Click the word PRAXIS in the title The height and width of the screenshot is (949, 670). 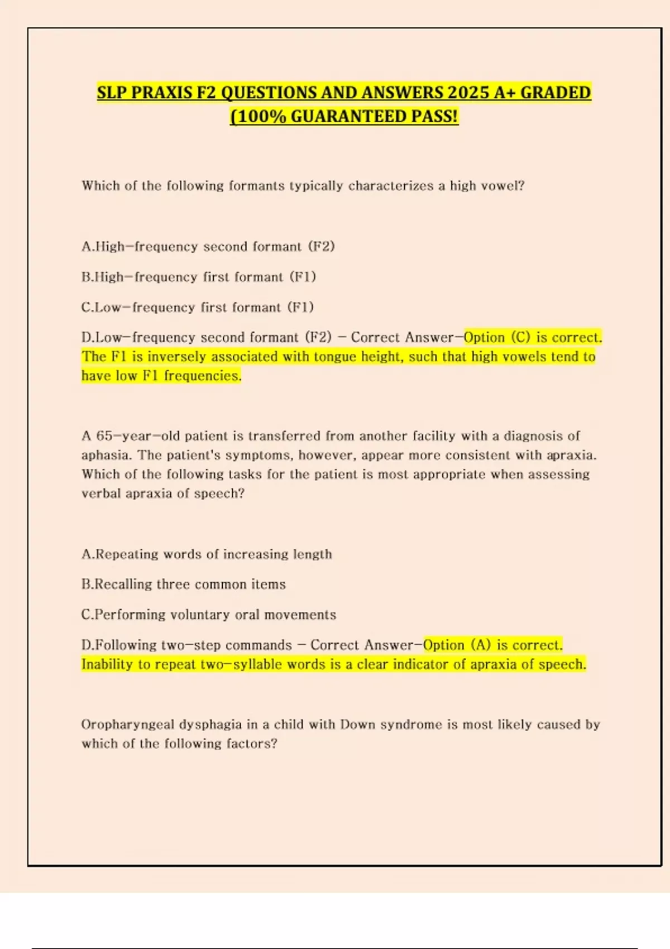(161, 93)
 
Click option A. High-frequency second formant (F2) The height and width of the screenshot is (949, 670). (208, 247)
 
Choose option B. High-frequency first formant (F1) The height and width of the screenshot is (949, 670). (199, 277)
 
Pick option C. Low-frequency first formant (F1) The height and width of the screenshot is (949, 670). (198, 307)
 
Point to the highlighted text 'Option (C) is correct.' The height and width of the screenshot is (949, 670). (533, 337)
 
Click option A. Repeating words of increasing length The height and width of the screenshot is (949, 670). (207, 554)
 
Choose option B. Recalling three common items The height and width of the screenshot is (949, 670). (183, 584)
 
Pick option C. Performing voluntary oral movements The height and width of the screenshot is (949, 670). (208, 615)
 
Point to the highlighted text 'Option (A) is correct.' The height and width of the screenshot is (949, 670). (492, 645)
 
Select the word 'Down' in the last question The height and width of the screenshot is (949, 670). (358, 725)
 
